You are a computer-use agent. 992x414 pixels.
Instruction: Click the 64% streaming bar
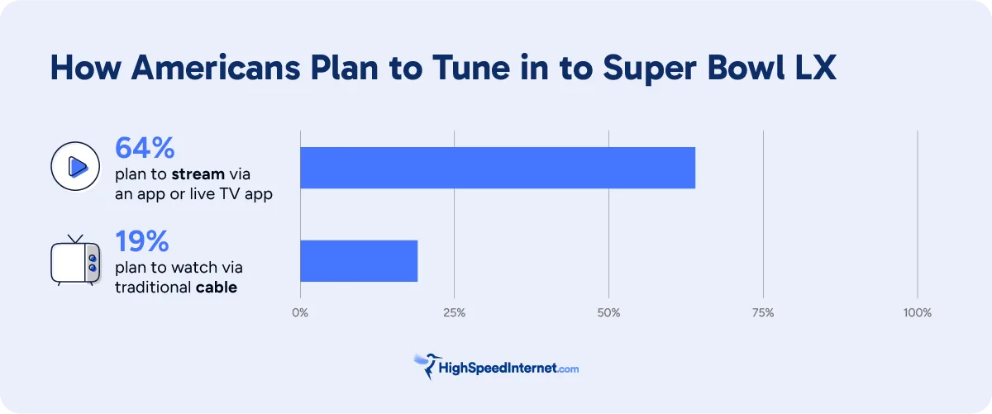pyautogui.click(x=497, y=168)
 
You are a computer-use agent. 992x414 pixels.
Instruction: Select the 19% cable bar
pyautogui.click(x=358, y=260)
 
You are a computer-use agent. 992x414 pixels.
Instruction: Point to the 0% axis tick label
pyautogui.click(x=300, y=313)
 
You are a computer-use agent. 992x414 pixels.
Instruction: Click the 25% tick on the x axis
pyautogui.click(x=454, y=313)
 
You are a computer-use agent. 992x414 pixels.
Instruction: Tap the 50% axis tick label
pyautogui.click(x=608, y=313)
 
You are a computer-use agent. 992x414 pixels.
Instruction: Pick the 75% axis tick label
pyautogui.click(x=763, y=313)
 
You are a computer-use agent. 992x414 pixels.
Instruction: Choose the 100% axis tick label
pyautogui.click(x=917, y=313)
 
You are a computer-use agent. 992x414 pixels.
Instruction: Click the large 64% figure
pyautogui.click(x=145, y=148)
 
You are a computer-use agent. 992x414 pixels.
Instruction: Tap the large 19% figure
pyautogui.click(x=142, y=241)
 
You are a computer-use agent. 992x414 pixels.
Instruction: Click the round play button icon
pyautogui.click(x=75, y=167)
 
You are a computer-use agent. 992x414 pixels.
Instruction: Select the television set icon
pyautogui.click(x=75, y=259)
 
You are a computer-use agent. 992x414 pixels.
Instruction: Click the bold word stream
pyautogui.click(x=198, y=174)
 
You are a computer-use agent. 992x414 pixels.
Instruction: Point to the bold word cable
pyautogui.click(x=217, y=288)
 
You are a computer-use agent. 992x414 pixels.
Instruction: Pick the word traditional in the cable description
pyautogui.click(x=153, y=288)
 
